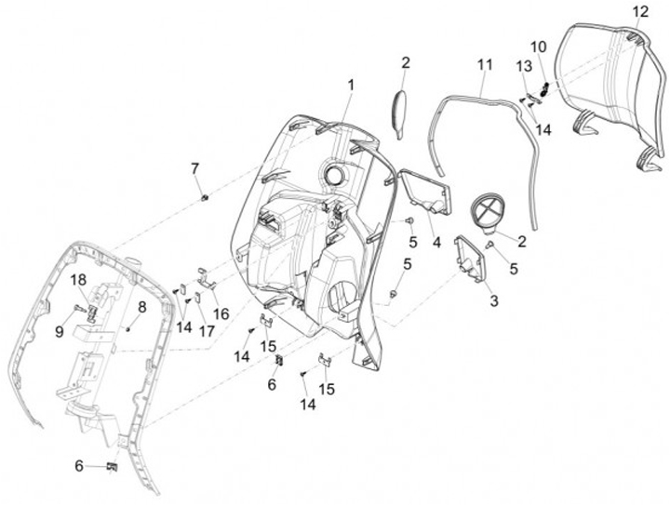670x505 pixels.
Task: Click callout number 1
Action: tap(352, 85)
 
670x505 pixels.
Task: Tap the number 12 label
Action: tap(639, 11)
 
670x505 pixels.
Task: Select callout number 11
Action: tap(484, 64)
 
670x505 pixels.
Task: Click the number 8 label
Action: tap(142, 306)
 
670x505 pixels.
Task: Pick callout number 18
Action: tap(79, 279)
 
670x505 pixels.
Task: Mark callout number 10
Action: tap(538, 46)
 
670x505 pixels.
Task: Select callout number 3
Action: tap(493, 300)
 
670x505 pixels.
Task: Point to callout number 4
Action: tap(435, 245)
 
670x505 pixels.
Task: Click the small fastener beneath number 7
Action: tap(203, 197)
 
